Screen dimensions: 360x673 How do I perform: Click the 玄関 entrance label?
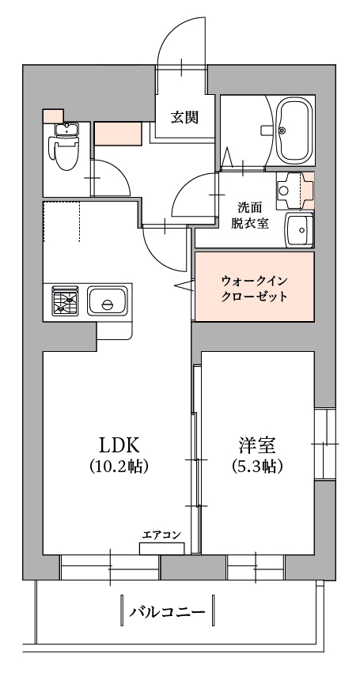coord(184,117)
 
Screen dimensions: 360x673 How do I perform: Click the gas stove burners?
coord(66,301)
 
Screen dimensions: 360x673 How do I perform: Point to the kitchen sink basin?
coord(108,301)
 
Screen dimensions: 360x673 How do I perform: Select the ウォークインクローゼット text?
coord(254,289)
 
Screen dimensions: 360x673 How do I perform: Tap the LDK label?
coord(119,446)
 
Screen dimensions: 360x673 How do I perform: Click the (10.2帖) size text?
coord(119,466)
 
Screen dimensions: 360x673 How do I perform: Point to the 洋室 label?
coord(257,446)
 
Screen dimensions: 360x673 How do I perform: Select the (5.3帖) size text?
coord(257,466)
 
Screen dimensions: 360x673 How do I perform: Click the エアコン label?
coord(161,535)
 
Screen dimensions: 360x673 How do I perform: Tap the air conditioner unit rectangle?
coord(162,549)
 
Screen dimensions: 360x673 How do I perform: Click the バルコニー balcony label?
coord(167,611)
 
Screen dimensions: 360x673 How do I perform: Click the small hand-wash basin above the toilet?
coord(66,130)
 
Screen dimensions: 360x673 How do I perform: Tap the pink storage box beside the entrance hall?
coord(118,134)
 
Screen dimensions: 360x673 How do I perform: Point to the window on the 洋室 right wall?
coord(325,444)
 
